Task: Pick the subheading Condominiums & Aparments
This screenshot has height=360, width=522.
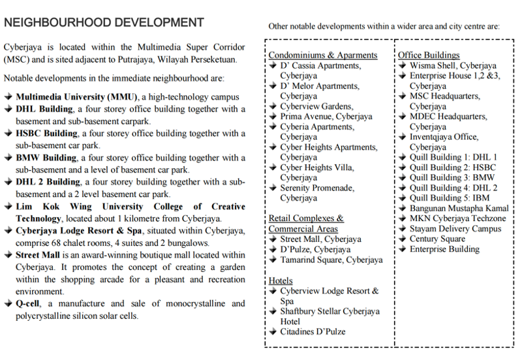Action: [323, 55]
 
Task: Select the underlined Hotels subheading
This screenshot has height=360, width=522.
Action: [281, 280]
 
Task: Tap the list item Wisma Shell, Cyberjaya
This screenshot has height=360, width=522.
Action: [453, 66]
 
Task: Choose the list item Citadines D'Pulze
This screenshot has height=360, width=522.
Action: [313, 332]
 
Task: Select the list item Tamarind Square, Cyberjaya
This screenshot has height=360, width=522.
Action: [331, 260]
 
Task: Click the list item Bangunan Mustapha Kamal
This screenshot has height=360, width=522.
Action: [459, 209]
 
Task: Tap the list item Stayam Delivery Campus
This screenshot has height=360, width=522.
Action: [455, 229]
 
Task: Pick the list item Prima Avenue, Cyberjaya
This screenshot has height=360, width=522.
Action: [326, 117]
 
